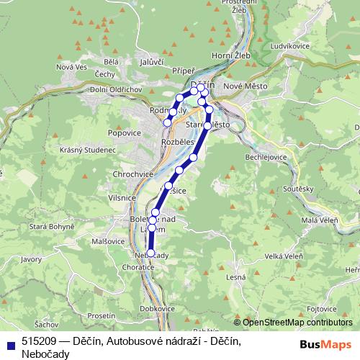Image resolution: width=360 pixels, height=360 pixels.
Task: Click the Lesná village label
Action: click(x=236, y=276)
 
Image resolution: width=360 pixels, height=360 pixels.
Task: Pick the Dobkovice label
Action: click(x=158, y=308)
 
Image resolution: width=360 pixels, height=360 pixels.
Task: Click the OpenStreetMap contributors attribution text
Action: click(x=298, y=323)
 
